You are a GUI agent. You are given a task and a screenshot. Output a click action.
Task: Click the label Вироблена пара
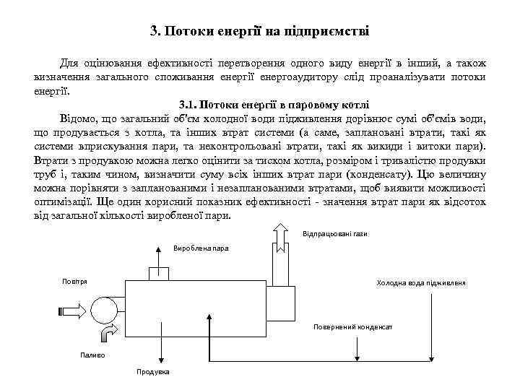(201, 248)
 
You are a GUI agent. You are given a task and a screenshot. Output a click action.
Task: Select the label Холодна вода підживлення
(421, 282)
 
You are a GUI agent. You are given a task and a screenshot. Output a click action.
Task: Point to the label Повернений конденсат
(352, 326)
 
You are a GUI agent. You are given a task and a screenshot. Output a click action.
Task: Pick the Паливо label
(92, 354)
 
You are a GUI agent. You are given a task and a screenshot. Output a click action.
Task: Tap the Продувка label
(153, 371)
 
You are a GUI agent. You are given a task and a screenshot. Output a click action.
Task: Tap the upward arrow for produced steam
(158, 253)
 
